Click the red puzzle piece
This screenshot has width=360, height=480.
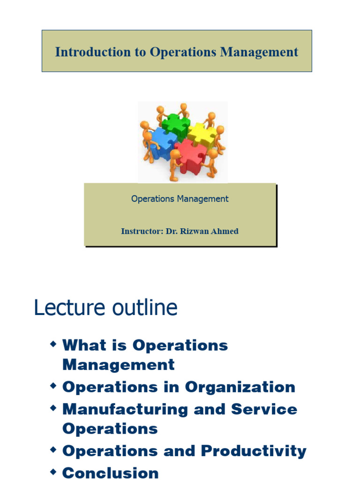click(191, 156)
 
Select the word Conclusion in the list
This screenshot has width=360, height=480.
click(110, 472)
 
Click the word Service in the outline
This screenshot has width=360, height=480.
click(264, 409)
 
